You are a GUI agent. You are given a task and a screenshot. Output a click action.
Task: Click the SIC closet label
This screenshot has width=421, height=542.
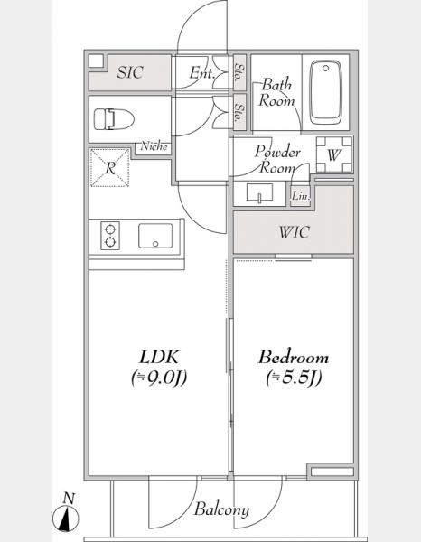[x=129, y=72]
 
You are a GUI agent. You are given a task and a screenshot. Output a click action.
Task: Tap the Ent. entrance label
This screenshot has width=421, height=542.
[x=202, y=72]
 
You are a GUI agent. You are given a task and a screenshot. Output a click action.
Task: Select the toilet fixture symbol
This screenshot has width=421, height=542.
[x=114, y=119]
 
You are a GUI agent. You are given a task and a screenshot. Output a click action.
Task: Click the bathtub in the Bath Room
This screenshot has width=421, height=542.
[x=325, y=93]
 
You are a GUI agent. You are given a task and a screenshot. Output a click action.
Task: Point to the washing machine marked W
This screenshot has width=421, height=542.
[x=334, y=154]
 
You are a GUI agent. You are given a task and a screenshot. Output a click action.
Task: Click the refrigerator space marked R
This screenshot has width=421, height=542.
[x=109, y=168]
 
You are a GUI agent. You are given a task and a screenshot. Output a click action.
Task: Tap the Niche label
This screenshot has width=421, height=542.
[x=154, y=146]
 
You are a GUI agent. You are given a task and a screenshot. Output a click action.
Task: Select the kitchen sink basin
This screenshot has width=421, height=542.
[x=155, y=236]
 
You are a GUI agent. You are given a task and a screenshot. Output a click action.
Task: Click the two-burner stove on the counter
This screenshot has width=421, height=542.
[x=110, y=236]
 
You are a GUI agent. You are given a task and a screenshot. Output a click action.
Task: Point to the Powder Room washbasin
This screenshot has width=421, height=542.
[x=259, y=192]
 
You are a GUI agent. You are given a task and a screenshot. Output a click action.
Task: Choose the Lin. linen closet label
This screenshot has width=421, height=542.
[x=300, y=196]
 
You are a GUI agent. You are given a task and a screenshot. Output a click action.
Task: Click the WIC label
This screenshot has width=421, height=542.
[x=294, y=232]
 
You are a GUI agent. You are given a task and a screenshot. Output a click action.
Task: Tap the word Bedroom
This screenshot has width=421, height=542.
[x=293, y=357]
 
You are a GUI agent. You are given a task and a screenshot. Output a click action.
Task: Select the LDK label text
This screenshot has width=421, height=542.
[x=159, y=357]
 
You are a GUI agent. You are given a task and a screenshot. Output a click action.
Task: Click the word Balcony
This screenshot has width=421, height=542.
[x=221, y=509]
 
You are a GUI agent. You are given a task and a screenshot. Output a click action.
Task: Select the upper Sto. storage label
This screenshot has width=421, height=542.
[x=239, y=72]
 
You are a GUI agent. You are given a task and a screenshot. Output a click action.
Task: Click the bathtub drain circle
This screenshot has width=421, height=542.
[x=325, y=69]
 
